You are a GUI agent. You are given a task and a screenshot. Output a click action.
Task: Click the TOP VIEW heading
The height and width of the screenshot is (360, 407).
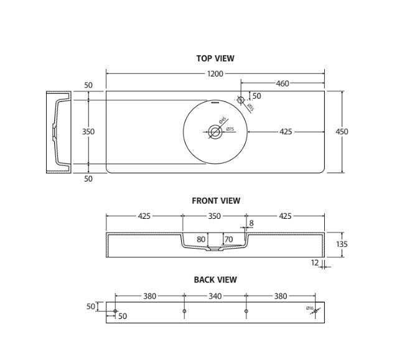215,58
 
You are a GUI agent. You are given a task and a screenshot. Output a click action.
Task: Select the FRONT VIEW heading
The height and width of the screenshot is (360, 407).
215,201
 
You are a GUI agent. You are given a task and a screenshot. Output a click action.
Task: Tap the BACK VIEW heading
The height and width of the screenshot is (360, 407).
215,280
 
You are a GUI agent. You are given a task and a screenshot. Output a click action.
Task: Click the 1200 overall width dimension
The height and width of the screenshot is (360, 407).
215,74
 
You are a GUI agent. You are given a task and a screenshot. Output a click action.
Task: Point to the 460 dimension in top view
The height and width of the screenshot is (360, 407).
282,83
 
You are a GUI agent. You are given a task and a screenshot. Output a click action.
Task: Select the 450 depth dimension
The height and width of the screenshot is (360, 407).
342,132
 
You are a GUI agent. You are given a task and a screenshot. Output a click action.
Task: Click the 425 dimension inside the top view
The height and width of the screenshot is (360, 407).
286,132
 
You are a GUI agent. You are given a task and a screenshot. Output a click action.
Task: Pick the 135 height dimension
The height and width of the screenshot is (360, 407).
342,244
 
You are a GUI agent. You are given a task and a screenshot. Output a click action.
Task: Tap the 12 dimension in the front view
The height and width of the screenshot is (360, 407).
315,263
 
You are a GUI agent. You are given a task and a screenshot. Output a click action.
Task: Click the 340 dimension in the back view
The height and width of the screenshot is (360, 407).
215,297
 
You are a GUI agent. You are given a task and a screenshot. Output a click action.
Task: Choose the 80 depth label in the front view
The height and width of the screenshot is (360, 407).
201,239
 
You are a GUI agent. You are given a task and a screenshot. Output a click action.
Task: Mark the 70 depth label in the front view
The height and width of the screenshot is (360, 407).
228,239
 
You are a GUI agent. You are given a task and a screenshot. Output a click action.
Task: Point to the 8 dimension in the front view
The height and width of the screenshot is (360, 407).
251,223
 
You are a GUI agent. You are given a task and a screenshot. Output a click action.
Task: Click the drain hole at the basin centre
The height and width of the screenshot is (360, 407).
215,131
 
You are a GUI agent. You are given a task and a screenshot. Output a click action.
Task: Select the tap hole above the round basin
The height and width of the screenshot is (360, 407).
241,99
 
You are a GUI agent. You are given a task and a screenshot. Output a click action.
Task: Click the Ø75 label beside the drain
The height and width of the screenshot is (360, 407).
229,129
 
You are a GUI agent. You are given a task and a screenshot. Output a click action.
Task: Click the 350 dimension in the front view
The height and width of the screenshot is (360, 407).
214,216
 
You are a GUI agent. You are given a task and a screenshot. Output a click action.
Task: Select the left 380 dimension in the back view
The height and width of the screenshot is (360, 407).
149,297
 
